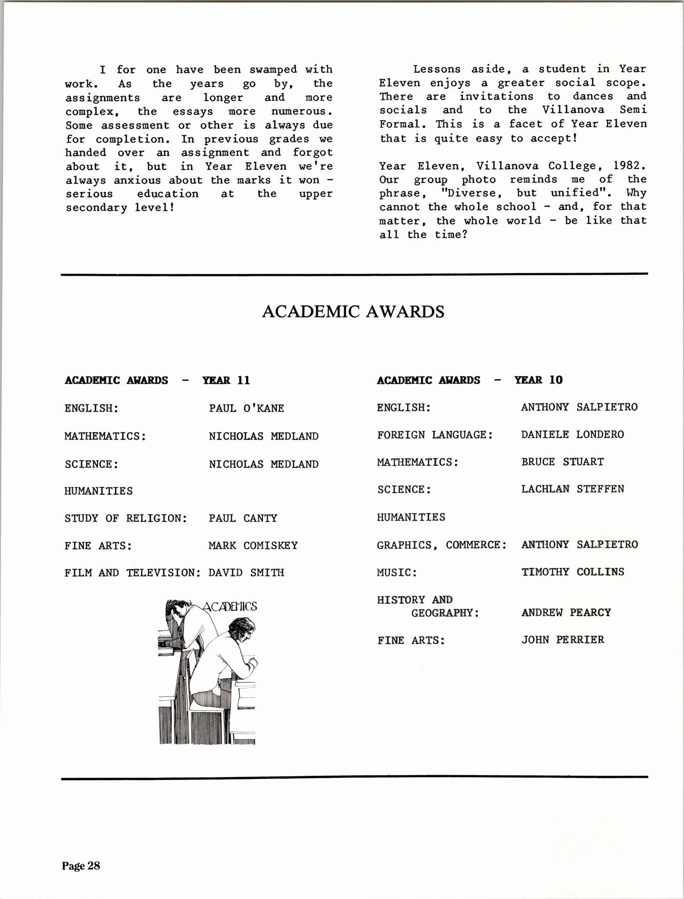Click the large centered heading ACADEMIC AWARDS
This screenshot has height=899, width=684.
pos(353,312)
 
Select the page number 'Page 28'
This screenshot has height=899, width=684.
pos(81,866)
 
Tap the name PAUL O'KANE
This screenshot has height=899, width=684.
pos(246,408)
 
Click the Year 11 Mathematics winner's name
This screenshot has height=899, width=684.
pos(264,436)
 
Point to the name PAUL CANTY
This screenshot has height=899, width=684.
pos(243,518)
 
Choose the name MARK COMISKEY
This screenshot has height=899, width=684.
pos(253,545)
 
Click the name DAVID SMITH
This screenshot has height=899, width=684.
pos(246,573)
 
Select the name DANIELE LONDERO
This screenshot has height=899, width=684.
pos(572,435)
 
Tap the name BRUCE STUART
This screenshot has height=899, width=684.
pos(562,462)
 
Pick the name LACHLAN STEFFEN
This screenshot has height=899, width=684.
pos(572,489)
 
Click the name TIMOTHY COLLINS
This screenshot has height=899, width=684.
pos(572,572)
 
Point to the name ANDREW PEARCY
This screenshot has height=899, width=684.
pos(566,612)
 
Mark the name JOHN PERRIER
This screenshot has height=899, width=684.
pos(562,640)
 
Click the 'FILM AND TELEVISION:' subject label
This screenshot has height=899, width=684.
pos(132,573)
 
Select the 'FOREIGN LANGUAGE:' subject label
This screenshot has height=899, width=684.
pos(435,435)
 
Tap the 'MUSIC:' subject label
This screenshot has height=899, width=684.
pos(397,572)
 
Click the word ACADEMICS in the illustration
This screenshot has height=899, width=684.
pos(230,606)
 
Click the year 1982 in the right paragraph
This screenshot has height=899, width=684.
pos(629,166)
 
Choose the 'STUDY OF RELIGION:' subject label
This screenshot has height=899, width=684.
pos(126,518)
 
